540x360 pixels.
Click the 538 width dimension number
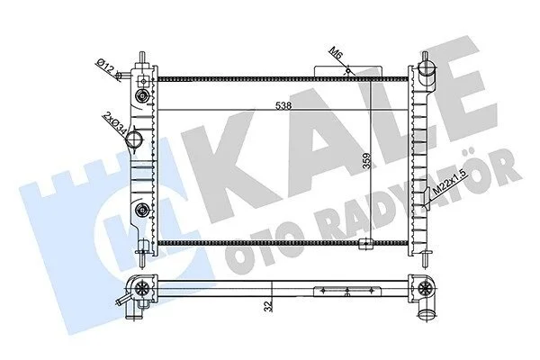[283, 106]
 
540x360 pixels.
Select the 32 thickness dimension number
[269, 306]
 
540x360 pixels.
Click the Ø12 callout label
[104, 65]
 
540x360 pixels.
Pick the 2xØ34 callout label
[114, 121]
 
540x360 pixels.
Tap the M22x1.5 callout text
[451, 184]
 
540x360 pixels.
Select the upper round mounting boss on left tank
[142, 95]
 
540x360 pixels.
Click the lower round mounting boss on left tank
[142, 210]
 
